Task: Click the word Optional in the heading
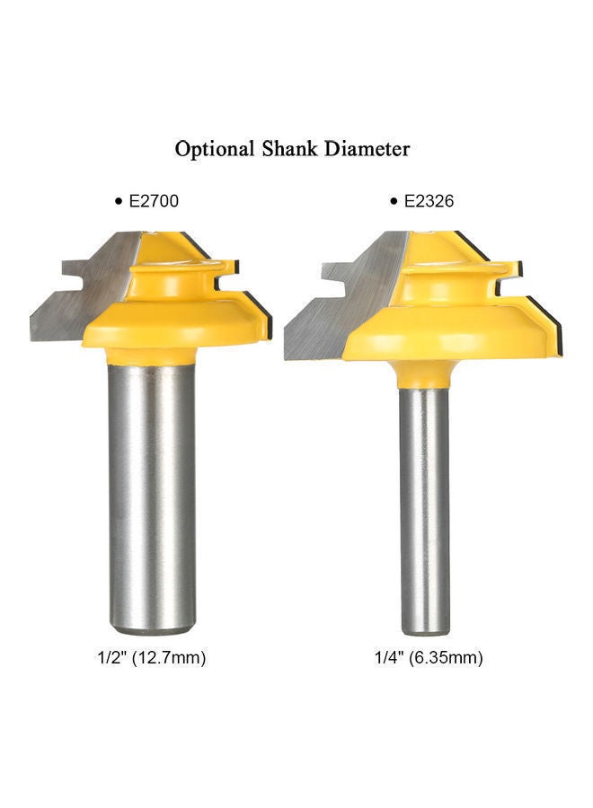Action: pyautogui.click(x=213, y=149)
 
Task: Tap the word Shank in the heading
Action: pyautogui.click(x=289, y=148)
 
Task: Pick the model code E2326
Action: pyautogui.click(x=428, y=202)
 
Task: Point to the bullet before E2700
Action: pyautogui.click(x=118, y=203)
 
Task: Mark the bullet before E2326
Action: pyautogui.click(x=394, y=203)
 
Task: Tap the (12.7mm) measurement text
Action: pyautogui.click(x=171, y=658)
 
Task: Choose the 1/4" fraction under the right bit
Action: pyautogui.click(x=389, y=658)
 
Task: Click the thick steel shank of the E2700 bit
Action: pyautogui.click(x=151, y=485)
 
